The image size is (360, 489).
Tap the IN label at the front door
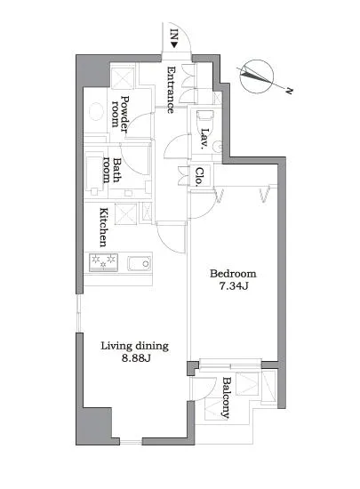tap(174, 37)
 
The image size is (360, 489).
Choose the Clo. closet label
tap(201, 175)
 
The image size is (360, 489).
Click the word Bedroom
tap(232, 273)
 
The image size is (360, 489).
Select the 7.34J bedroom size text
tap(232, 287)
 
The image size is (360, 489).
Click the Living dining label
tap(134, 346)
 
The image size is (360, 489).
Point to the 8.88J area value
tap(134, 360)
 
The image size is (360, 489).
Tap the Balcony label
tap(227, 396)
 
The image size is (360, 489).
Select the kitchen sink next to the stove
tap(138, 264)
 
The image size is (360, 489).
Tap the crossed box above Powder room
tap(121, 74)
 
